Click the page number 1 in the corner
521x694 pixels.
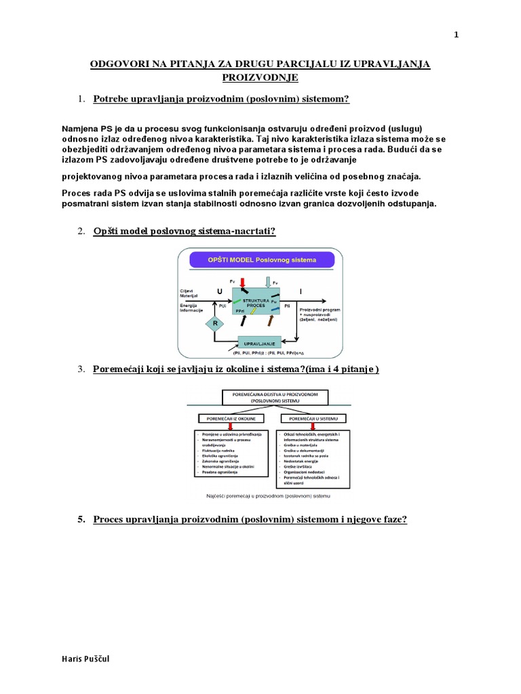tap(457, 35)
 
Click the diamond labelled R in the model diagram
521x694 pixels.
tap(215, 323)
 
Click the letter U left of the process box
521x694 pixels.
tap(219, 291)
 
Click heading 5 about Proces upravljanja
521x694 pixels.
tap(250, 520)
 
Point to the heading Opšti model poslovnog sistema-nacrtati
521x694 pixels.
tap(184, 232)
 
